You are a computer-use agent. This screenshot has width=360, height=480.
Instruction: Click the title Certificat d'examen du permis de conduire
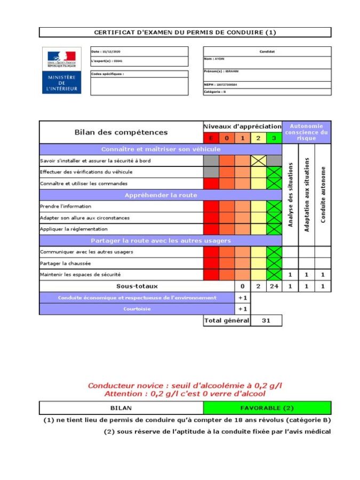(x=185, y=33)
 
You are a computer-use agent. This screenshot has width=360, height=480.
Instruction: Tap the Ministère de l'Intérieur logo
(x=62, y=70)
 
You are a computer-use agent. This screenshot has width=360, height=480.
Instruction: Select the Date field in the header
(x=139, y=52)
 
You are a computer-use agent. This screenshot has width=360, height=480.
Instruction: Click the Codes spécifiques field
(x=139, y=83)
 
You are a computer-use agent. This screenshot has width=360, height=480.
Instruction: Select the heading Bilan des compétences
(x=120, y=132)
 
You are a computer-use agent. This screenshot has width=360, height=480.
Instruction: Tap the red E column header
(x=211, y=138)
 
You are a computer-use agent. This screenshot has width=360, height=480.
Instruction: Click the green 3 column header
(x=274, y=138)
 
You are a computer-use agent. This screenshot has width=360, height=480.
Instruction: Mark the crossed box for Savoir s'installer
(x=259, y=161)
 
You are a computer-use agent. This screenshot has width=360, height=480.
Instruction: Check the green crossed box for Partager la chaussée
(x=274, y=263)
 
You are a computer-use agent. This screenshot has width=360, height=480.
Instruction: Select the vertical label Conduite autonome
(x=323, y=195)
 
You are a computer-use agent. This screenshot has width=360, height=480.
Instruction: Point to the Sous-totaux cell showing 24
(x=274, y=286)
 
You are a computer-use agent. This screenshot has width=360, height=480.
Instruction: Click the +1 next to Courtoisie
(x=243, y=309)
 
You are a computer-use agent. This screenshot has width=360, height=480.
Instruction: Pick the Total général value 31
(x=266, y=321)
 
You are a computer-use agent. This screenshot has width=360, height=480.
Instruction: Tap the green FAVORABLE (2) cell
(x=267, y=408)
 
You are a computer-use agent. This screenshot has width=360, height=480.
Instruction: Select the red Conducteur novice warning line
(x=185, y=385)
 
